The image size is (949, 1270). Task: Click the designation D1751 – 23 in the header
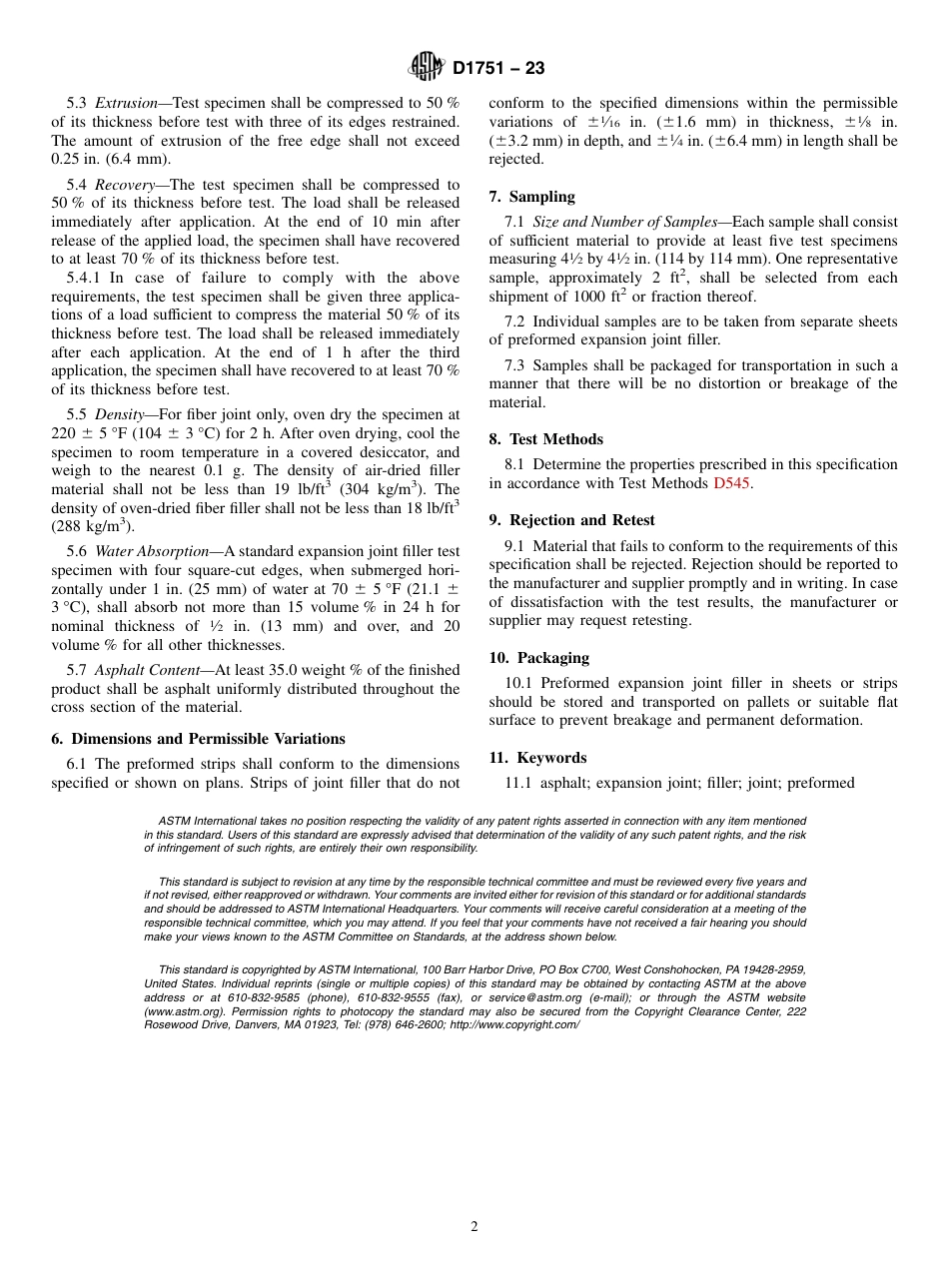[498, 68]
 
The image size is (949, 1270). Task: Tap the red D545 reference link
[731, 483]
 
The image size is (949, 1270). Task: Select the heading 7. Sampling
[531, 197]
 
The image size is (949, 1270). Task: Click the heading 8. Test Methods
[545, 439]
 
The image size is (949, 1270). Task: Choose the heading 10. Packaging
[538, 658]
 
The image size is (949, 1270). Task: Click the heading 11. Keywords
[537, 758]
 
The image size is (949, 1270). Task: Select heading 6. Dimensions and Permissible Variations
[198, 739]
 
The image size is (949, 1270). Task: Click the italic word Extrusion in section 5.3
[126, 103]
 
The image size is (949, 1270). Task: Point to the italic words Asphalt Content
[147, 670]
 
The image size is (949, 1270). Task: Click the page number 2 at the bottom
[474, 1227]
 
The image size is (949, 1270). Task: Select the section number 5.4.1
[84, 278]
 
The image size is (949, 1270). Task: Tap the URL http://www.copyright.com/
[513, 1025]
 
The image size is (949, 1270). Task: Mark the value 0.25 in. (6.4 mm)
[111, 159]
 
